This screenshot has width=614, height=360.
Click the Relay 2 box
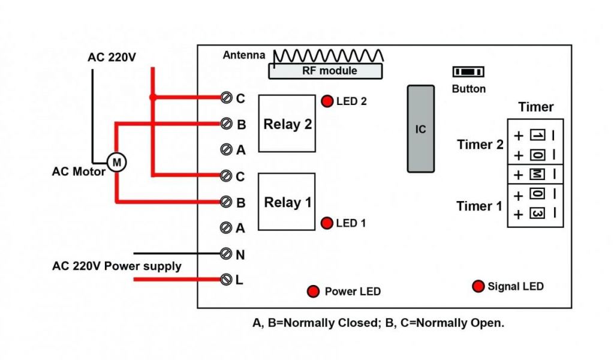pos(288,124)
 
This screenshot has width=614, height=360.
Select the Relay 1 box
pos(287,202)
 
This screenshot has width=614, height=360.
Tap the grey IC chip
pos(420,128)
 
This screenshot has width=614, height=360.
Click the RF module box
pos(325,71)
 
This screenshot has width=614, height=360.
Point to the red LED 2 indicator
pos(327,101)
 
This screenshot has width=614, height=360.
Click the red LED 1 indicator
pos(327,223)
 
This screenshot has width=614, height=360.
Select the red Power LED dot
pos(313,292)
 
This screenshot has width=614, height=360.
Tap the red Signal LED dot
pos(478,286)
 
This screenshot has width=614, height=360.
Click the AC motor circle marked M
pos(116,161)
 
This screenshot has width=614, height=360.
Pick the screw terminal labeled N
pos(227,254)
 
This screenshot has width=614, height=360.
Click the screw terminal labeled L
pos(227,279)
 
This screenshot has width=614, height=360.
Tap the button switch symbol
pos(468,72)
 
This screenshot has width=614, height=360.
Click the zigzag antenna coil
pos(327,55)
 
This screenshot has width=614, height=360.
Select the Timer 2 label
pos(480,145)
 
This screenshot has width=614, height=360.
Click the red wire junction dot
pos(153,97)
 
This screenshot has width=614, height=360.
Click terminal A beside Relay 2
pos(227,149)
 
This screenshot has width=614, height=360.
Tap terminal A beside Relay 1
pos(227,227)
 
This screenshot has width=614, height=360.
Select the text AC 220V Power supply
pos(116,266)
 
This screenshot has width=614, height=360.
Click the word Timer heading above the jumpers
pos(535,107)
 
